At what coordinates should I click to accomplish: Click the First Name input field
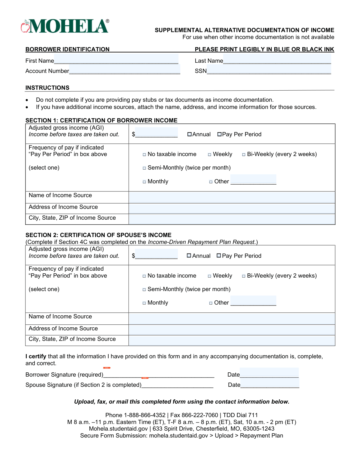pos(116,59)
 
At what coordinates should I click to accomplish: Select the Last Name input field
pos(277,59)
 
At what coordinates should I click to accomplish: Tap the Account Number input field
pos(124,70)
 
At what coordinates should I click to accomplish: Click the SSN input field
pos(269,70)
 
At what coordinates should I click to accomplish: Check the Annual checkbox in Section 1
pos(190,134)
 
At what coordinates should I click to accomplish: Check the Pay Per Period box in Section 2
pos(219,256)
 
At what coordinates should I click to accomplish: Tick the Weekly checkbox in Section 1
pos(210,155)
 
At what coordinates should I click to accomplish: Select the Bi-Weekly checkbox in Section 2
pos(244,276)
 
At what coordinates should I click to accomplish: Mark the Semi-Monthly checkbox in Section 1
pos(144,168)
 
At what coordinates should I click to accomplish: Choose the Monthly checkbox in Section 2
pos(144,303)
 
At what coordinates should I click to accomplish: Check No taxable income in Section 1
pos(144,155)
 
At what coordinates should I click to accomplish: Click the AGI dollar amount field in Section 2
pos(156,254)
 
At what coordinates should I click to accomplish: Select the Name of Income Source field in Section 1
pos(232,197)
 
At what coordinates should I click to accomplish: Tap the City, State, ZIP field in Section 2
pos(232,341)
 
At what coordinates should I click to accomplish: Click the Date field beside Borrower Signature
pos(269,373)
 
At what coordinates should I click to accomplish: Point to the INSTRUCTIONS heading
pos(47,88)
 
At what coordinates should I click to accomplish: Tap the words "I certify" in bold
pos(36,356)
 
